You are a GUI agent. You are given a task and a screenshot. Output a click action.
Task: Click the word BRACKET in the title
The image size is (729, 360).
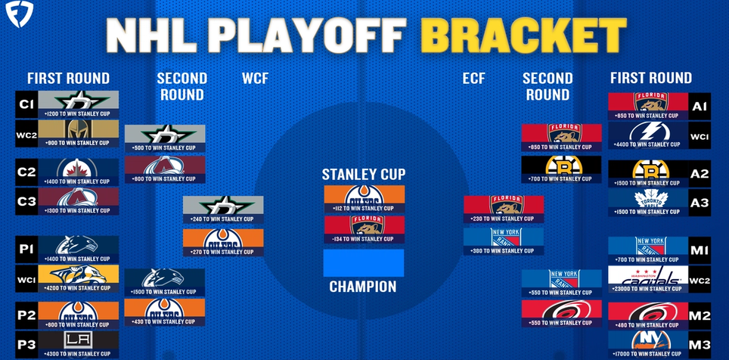click(x=523, y=34)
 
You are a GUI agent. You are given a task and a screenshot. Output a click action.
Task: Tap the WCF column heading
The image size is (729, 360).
click(x=256, y=78)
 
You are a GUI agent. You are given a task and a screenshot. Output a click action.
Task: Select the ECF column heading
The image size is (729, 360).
click(x=473, y=78)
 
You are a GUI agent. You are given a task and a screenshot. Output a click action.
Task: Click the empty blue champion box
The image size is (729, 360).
click(x=364, y=263)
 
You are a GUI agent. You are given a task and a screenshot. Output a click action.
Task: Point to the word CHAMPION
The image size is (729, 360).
click(x=363, y=287)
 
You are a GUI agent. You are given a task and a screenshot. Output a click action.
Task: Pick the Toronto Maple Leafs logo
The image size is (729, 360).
click(x=648, y=198)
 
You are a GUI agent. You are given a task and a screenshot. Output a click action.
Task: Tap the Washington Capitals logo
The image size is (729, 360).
click(x=648, y=275)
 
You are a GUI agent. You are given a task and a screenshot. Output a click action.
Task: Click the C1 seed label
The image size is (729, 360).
click(x=25, y=105)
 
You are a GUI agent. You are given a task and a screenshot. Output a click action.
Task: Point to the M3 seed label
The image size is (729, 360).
click(x=700, y=345)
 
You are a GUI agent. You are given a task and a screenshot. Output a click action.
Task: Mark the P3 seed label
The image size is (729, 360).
click(x=25, y=345)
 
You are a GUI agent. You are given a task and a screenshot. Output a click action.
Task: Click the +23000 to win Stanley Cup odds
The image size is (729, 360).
click(x=648, y=289)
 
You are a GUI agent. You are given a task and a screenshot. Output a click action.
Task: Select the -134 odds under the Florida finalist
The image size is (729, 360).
click(x=364, y=239)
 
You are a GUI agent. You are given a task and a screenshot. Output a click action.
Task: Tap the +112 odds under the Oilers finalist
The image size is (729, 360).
click(x=364, y=209)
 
